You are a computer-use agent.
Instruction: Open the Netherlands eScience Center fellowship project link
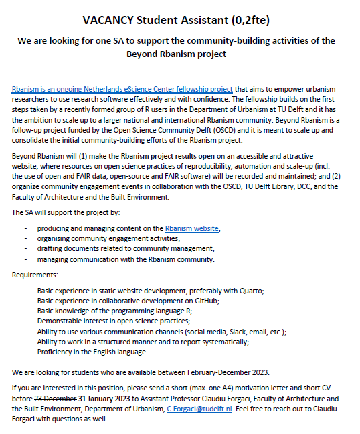122,89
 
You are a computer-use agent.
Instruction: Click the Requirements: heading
34,275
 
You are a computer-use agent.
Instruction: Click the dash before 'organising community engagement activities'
26,238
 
